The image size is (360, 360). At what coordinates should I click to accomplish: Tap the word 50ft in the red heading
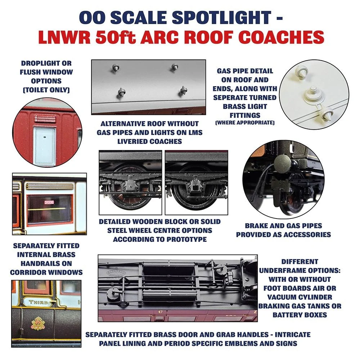click(x=116, y=37)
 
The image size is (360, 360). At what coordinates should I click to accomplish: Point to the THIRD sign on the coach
click(x=39, y=302)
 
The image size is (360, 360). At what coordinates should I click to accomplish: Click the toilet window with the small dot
click(x=45, y=146)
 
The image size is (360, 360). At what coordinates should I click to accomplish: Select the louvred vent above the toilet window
click(x=45, y=119)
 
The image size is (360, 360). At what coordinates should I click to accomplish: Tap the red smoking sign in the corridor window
click(x=49, y=202)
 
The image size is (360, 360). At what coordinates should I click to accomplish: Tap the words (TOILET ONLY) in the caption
click(x=46, y=90)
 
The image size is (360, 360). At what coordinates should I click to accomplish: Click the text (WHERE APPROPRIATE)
click(x=245, y=123)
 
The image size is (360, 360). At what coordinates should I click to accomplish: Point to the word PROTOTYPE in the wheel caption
click(x=186, y=239)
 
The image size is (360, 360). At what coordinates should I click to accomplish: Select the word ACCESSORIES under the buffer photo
click(x=306, y=234)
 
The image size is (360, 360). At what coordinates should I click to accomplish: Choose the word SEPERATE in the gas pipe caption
click(x=230, y=98)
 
